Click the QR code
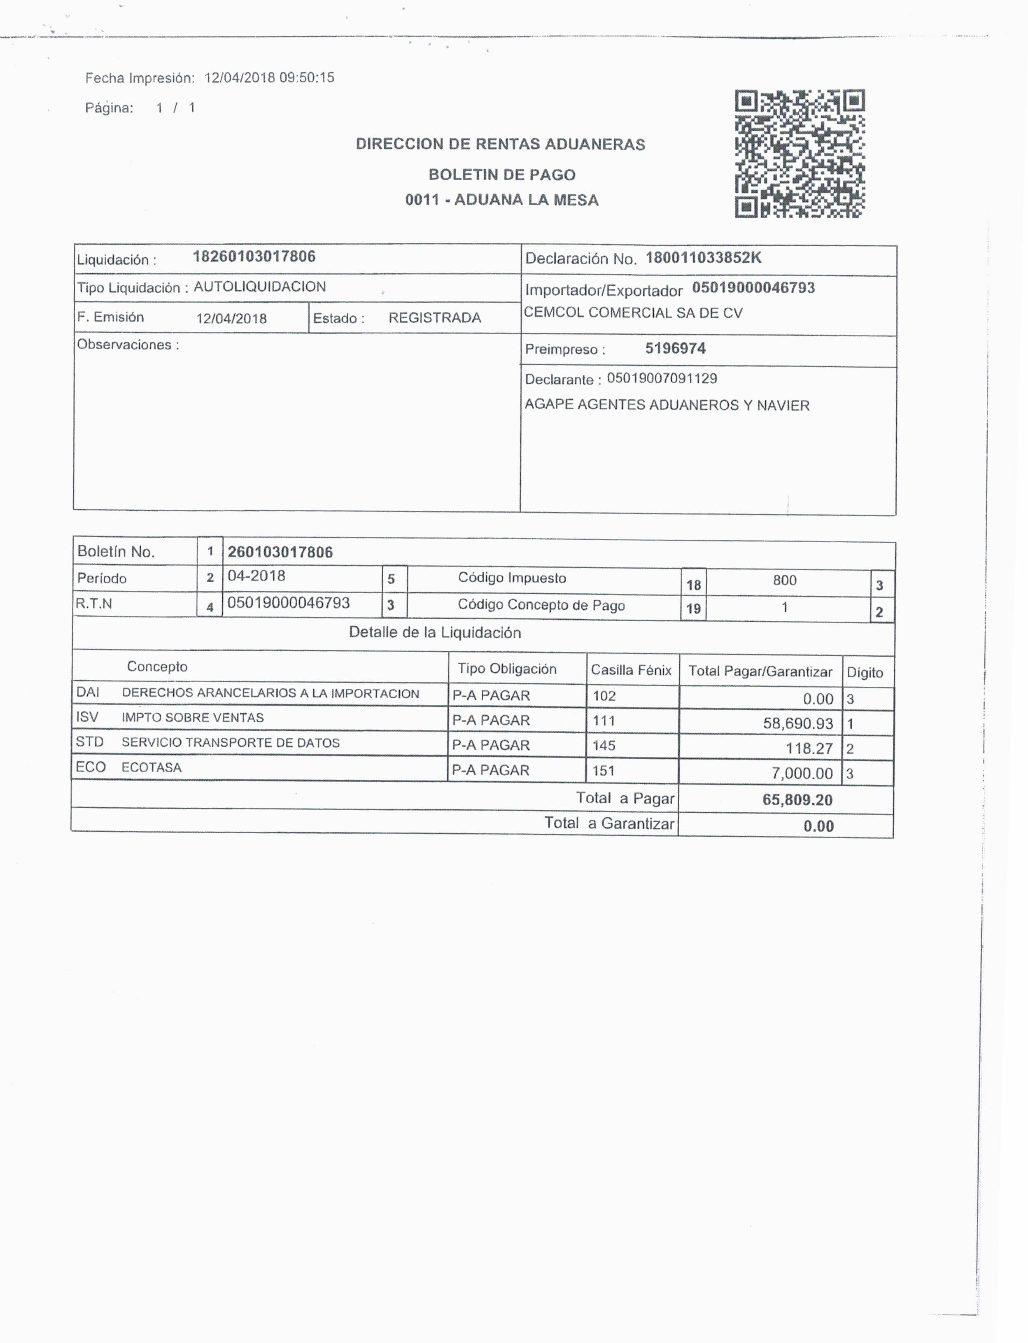(800, 154)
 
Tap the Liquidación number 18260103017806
(254, 256)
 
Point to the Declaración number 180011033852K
(703, 258)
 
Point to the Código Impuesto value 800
(784, 581)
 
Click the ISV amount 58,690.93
(797, 724)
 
